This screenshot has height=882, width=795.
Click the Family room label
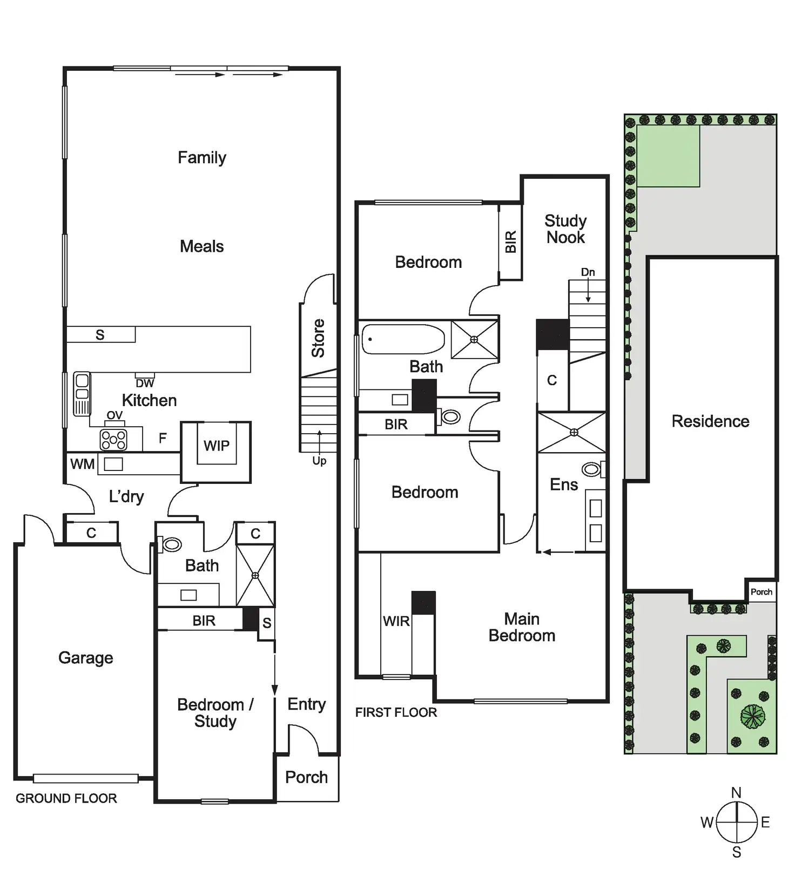(x=202, y=158)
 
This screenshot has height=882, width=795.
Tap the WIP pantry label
(x=216, y=446)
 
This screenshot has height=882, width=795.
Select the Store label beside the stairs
(x=318, y=338)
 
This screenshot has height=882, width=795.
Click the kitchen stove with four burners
(x=113, y=440)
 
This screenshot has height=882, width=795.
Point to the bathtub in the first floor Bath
(x=402, y=339)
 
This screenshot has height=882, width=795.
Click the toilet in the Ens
(x=592, y=469)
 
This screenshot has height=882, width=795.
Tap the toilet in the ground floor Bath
(x=172, y=544)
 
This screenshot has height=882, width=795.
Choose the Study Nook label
(x=565, y=229)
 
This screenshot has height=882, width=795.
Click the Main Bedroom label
(x=522, y=627)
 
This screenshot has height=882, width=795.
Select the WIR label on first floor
(x=396, y=621)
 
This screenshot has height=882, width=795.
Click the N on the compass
(x=736, y=793)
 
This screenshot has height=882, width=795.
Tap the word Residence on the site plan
(x=710, y=421)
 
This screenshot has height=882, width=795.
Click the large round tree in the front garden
(x=752, y=716)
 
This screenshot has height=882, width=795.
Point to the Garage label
(x=85, y=658)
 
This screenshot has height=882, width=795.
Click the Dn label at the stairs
(x=588, y=272)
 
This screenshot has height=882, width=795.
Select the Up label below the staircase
(x=319, y=461)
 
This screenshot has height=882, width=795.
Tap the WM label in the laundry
(x=82, y=464)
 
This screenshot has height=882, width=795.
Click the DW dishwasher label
(x=145, y=383)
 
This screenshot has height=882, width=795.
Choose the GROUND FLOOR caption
(x=66, y=798)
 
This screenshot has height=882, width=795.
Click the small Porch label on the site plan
(x=761, y=592)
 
